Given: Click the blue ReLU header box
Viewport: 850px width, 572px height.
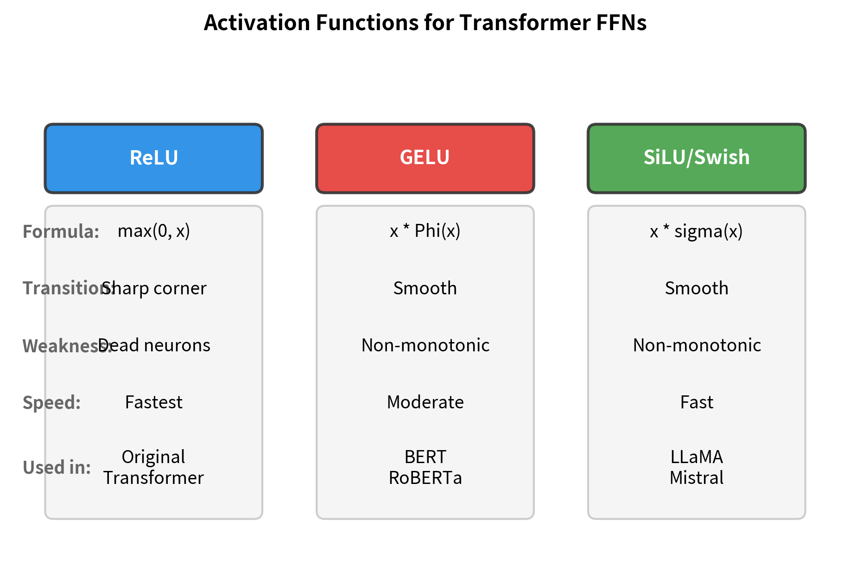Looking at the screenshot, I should point(153,158).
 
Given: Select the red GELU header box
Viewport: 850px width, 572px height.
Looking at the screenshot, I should point(425,158).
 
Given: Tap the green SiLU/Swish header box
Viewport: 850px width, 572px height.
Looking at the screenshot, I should point(697,158).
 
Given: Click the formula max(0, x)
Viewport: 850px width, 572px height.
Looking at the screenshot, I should point(154,231).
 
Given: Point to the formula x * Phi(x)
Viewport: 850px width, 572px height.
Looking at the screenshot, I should point(425,231).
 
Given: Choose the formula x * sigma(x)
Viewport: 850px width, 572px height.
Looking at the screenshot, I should point(696,231).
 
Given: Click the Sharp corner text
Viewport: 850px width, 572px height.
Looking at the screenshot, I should point(155,288).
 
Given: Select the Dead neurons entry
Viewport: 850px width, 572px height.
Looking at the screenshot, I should point(155,345).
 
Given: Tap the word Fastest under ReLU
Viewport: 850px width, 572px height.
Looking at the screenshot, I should point(154,402).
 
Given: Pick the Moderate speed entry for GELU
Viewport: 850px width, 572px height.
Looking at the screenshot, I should point(425,402).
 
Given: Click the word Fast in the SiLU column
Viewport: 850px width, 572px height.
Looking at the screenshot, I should point(697,402).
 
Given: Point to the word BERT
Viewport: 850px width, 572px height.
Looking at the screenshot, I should point(425,457).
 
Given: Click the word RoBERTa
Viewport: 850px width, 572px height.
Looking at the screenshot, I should point(425,478).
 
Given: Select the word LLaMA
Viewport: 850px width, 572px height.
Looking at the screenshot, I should point(697,457).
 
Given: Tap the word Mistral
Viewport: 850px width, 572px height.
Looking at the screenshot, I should point(697,478).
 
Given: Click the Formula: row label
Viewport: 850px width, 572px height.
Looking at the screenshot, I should point(61,231).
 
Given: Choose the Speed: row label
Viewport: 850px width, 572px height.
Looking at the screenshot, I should point(51,403).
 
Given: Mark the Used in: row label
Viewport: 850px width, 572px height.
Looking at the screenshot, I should point(57,467).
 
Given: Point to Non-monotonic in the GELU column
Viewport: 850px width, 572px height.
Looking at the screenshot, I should point(425,345).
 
